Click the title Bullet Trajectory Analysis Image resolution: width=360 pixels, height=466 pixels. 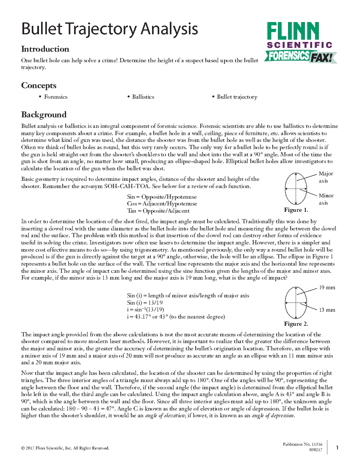[109, 30]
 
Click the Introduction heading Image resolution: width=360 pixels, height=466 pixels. [45, 49]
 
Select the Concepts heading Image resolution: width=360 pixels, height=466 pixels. [39, 86]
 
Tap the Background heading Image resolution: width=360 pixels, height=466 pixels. [44, 114]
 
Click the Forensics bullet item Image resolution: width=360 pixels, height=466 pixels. [55, 97]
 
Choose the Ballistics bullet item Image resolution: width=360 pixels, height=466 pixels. [143, 97]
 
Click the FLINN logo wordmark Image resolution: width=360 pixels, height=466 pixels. [293, 32]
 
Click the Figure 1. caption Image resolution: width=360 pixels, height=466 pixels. [296, 210]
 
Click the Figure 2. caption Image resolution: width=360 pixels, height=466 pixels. [296, 324]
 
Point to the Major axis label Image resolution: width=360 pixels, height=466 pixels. [326, 177]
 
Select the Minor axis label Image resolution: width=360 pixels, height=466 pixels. [326, 199]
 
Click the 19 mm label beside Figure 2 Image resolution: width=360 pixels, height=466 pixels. [327, 288]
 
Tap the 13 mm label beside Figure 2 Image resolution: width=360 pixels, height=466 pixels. [327, 310]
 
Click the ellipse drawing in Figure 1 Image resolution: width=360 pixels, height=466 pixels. [296, 189]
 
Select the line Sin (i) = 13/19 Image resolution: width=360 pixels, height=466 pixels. [145, 303]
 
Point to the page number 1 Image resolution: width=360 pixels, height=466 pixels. [337, 448]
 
